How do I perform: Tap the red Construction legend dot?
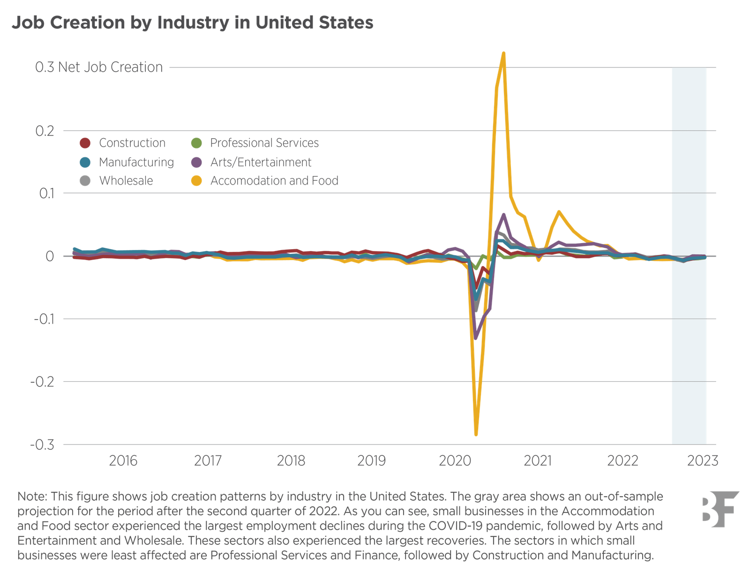coord(85,143)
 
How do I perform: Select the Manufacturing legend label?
coord(136,162)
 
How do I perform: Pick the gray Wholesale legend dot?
coord(85,181)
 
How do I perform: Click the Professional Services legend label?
coord(264,143)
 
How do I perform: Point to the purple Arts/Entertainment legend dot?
coord(196,162)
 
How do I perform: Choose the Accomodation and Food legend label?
coord(274,181)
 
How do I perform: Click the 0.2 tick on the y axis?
coord(45,131)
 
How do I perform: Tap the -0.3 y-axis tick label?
coord(43,445)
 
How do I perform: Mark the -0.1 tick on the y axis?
coord(44,319)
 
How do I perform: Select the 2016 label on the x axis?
coord(123,460)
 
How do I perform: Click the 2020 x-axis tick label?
coord(455,460)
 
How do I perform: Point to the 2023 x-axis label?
coord(703,460)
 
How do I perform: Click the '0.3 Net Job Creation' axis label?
coord(99,67)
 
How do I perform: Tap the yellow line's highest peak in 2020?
coord(504,53)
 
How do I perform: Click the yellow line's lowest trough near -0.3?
coord(476,435)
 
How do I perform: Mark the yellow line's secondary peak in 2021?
coord(559,211)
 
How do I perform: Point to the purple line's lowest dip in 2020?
coord(475,338)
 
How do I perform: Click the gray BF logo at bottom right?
coord(720,509)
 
